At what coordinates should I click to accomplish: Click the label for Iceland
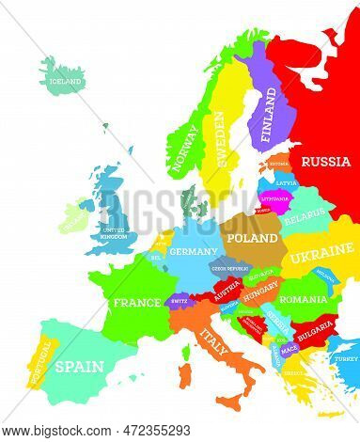pyautogui.click(x=67, y=82)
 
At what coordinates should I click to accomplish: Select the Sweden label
pyautogui.click(x=220, y=137)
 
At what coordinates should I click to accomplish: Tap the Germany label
pyautogui.click(x=195, y=252)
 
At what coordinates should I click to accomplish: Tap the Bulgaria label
pyautogui.click(x=315, y=332)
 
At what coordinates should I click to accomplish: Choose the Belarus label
pyautogui.click(x=304, y=217)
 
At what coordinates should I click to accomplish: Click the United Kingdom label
pyautogui.click(x=113, y=232)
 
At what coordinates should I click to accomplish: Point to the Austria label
pyautogui.click(x=226, y=292)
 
